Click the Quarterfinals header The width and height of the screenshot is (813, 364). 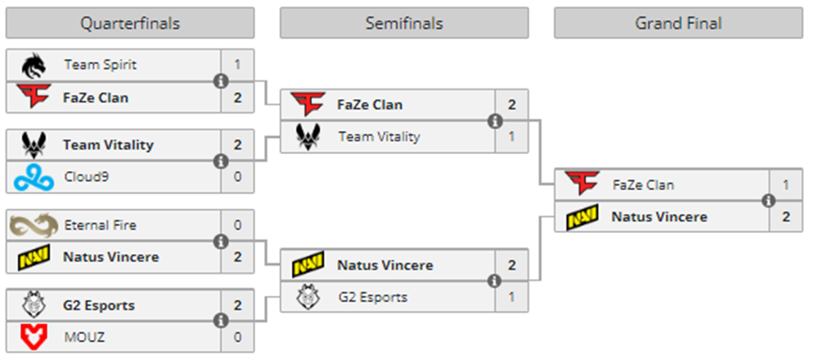click(x=129, y=23)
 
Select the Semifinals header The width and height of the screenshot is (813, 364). click(x=403, y=23)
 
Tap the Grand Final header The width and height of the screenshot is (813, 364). click(x=678, y=23)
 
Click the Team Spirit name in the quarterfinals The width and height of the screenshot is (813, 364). click(x=100, y=65)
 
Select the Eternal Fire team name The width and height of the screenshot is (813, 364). click(x=100, y=225)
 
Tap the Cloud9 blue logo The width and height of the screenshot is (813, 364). click(x=35, y=177)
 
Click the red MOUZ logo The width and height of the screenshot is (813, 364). click(x=35, y=337)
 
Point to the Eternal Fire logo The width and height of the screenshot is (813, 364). click(x=35, y=225)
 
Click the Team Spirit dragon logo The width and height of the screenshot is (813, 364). click(x=35, y=65)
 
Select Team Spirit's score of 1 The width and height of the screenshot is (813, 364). click(x=238, y=65)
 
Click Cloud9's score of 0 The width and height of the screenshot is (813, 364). click(x=238, y=176)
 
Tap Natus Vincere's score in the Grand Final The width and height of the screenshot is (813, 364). click(x=786, y=216)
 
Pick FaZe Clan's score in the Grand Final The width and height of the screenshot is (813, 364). click(x=786, y=185)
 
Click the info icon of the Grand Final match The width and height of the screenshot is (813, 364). click(x=769, y=201)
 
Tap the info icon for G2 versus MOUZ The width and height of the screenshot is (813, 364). click(x=220, y=321)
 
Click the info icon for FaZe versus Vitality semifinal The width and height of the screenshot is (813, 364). click(x=495, y=121)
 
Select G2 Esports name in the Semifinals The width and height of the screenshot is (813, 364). click(x=372, y=297)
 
